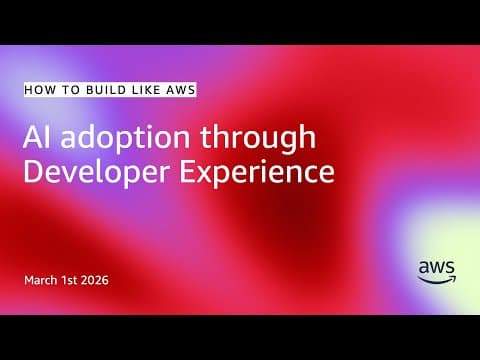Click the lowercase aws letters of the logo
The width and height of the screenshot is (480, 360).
coord(437,267)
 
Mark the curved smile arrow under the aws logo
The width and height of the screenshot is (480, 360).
coord(438,279)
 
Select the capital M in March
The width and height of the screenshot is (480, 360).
coord(30,279)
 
